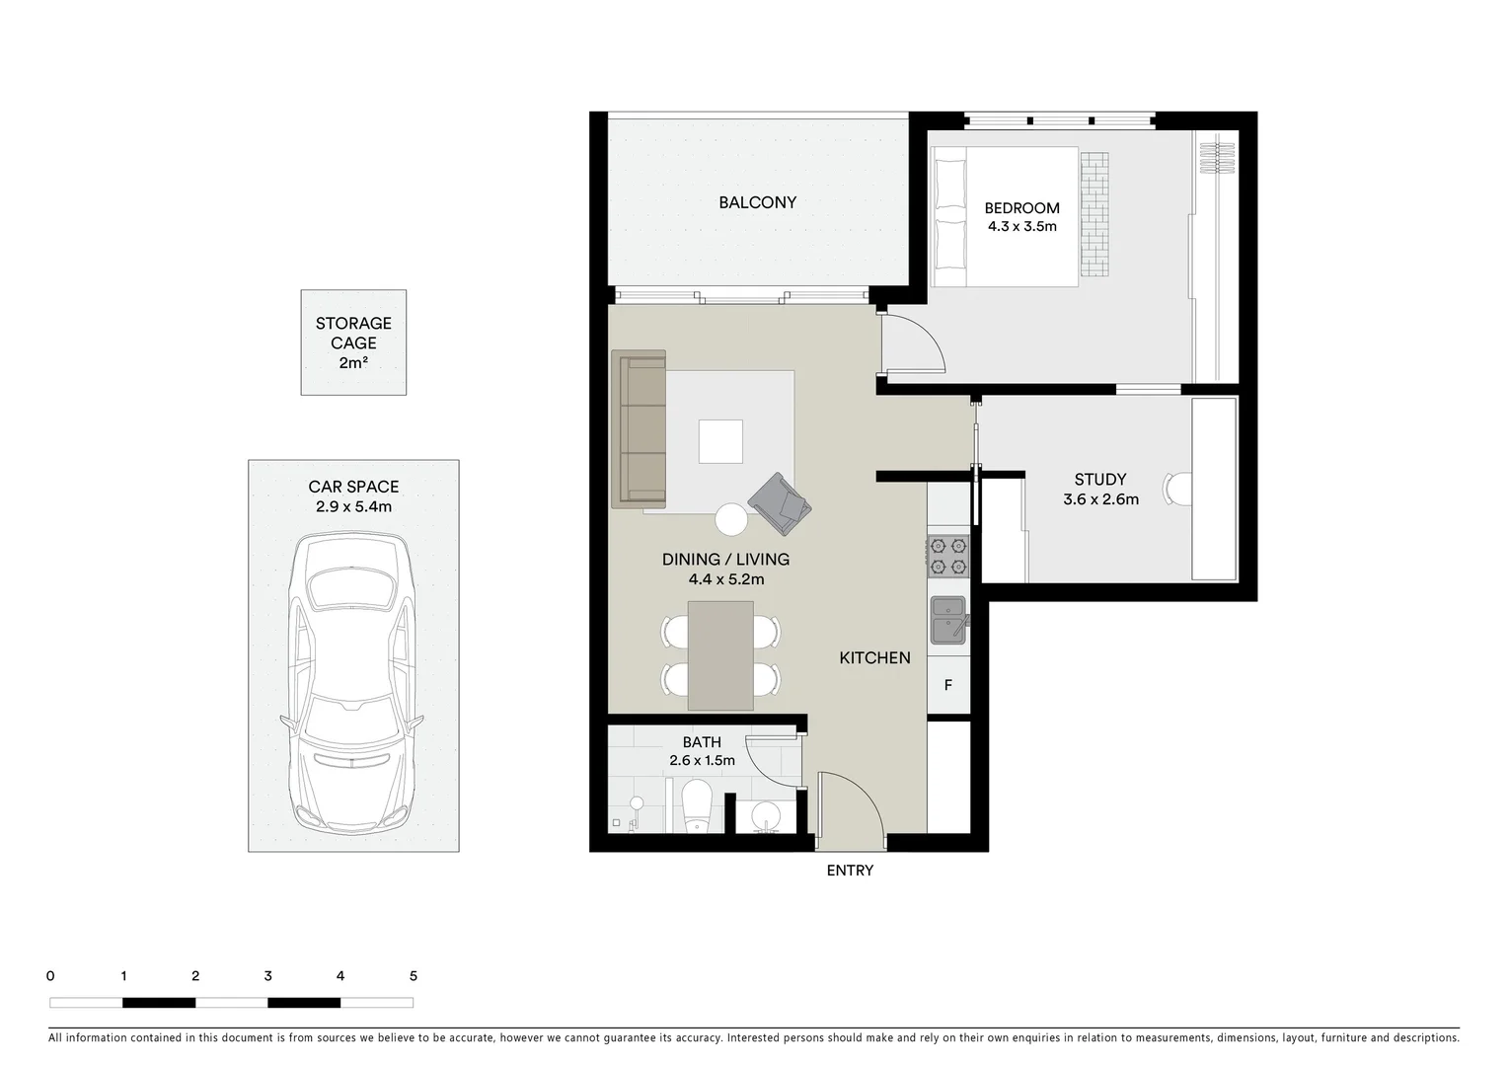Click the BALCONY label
pyautogui.click(x=757, y=202)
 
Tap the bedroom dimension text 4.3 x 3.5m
pyautogui.click(x=1021, y=226)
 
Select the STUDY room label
pyautogui.click(x=1100, y=480)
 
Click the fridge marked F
pyautogui.click(x=948, y=684)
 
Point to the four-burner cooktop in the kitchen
pyautogui.click(x=948, y=556)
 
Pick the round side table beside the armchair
pyautogui.click(x=732, y=519)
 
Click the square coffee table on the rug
pyautogui.click(x=720, y=441)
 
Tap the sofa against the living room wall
pyautogui.click(x=639, y=429)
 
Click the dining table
pyautogui.click(x=720, y=655)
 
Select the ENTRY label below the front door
pyautogui.click(x=850, y=871)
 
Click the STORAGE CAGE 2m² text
pyautogui.click(x=353, y=343)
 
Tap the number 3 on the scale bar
pyautogui.click(x=268, y=976)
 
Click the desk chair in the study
pyautogui.click(x=1177, y=488)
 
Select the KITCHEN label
pyautogui.click(x=874, y=658)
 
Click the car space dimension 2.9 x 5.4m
pyautogui.click(x=353, y=507)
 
